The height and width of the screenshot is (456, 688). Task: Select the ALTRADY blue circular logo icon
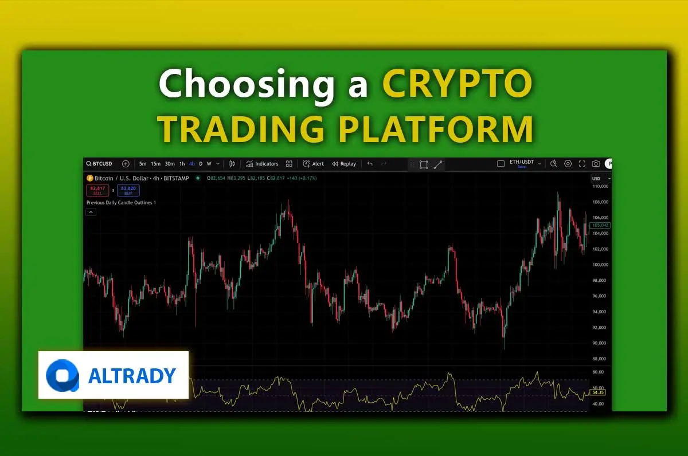(x=62, y=376)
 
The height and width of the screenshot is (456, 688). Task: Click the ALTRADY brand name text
(x=132, y=376)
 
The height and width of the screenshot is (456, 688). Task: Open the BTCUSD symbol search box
(x=100, y=164)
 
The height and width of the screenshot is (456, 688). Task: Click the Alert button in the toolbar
(x=314, y=164)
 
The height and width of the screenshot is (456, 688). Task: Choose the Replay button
(x=344, y=164)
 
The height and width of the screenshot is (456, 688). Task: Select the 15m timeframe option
(x=155, y=164)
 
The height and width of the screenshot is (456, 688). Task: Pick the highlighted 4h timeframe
(x=191, y=164)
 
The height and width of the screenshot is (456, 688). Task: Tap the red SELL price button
(x=97, y=190)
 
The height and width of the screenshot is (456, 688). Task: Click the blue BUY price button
(x=128, y=190)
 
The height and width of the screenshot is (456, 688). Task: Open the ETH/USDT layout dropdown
(x=522, y=164)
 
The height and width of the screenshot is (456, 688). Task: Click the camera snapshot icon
(x=596, y=164)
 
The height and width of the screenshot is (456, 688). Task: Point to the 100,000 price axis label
(x=600, y=265)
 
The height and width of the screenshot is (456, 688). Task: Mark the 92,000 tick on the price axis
(x=599, y=328)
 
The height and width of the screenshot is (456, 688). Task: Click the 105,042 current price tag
(x=600, y=225)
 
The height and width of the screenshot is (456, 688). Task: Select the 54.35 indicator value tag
(x=598, y=392)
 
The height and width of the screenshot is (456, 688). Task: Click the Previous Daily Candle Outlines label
(x=121, y=203)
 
